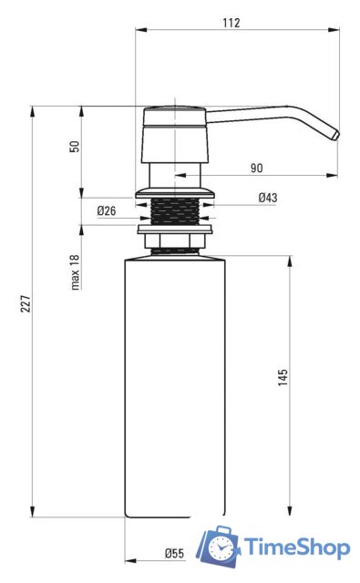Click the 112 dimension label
[231, 23]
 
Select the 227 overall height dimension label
[26, 303]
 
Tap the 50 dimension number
[75, 146]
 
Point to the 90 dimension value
[257, 168]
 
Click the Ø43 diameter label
[268, 198]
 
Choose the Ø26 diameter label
[107, 210]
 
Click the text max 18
[75, 271]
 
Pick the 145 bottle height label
[283, 377]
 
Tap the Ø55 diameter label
[174, 553]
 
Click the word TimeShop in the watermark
[296, 547]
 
